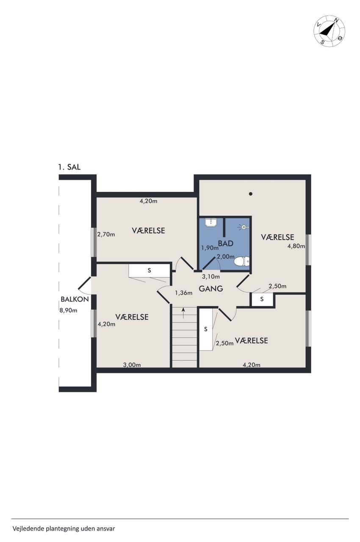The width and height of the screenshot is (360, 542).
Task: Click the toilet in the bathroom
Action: coord(241,262)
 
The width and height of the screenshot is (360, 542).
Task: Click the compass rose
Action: coord(329,31)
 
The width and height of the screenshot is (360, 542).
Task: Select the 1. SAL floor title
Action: coord(69,167)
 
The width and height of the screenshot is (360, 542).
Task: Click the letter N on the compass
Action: coord(336,21)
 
